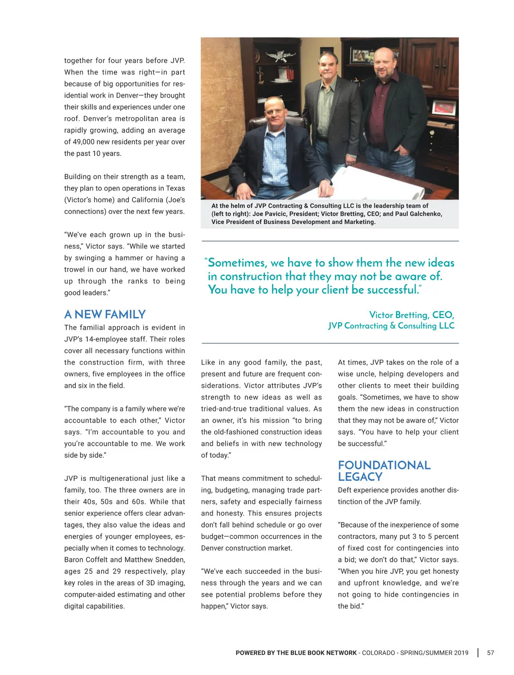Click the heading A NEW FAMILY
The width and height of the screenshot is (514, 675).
pyautogui.click(x=105, y=315)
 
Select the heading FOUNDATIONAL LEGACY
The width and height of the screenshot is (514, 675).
pyautogui.click(x=384, y=471)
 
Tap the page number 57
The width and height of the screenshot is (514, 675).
pyautogui.click(x=490, y=653)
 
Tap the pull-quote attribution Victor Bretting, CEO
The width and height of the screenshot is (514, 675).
pyautogui.click(x=411, y=315)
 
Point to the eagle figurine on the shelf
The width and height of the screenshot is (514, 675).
pyautogui.click(x=275, y=56)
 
